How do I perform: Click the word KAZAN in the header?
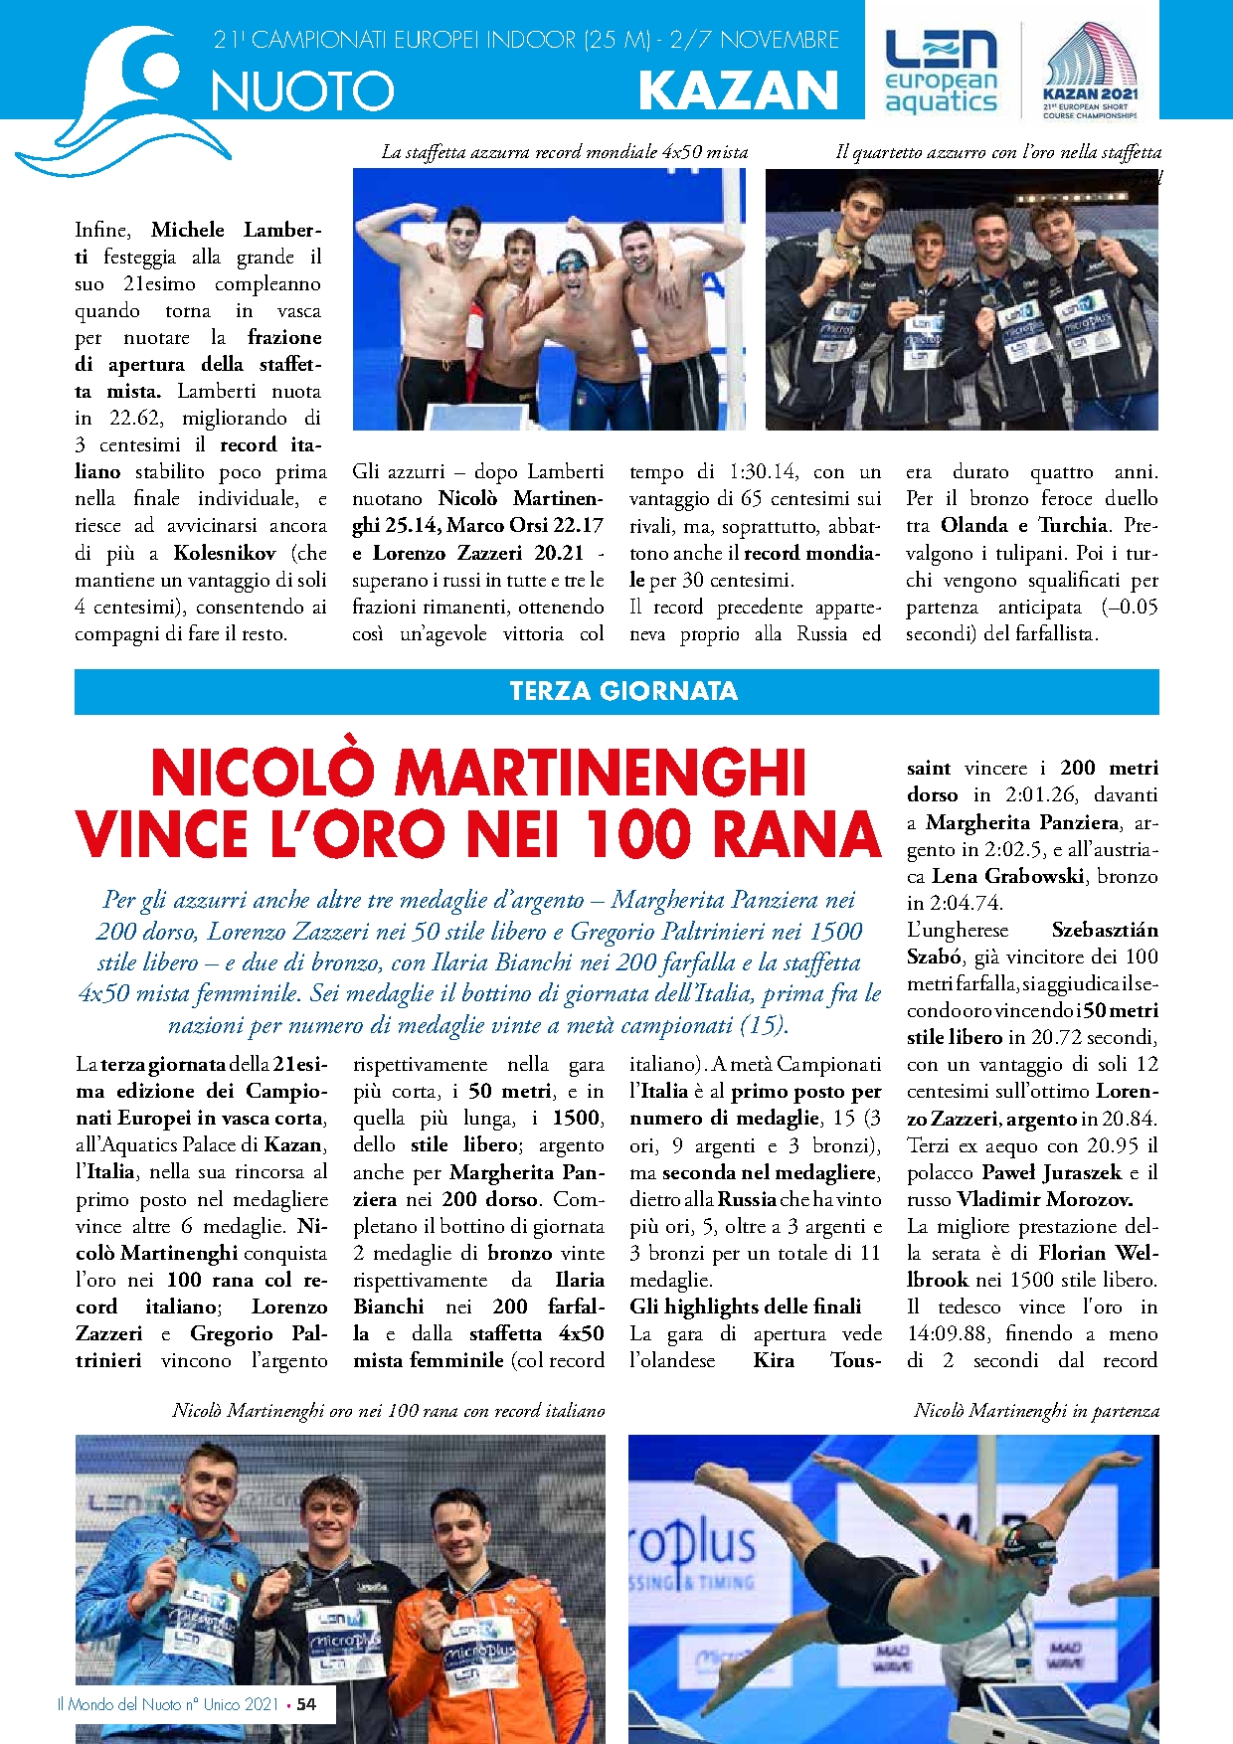pyautogui.click(x=739, y=90)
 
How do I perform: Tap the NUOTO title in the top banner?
pyautogui.click(x=302, y=91)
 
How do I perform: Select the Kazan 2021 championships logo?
pyautogui.click(x=1090, y=72)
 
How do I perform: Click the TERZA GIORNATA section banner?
pyautogui.click(x=623, y=691)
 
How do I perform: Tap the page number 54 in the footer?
pyautogui.click(x=306, y=1704)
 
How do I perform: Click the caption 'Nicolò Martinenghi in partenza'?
pyautogui.click(x=1036, y=1411)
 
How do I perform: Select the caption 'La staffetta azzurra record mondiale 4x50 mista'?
pyautogui.click(x=564, y=152)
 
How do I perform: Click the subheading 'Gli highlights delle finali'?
pyautogui.click(x=746, y=1307)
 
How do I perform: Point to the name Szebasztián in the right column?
pyautogui.click(x=1105, y=930)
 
